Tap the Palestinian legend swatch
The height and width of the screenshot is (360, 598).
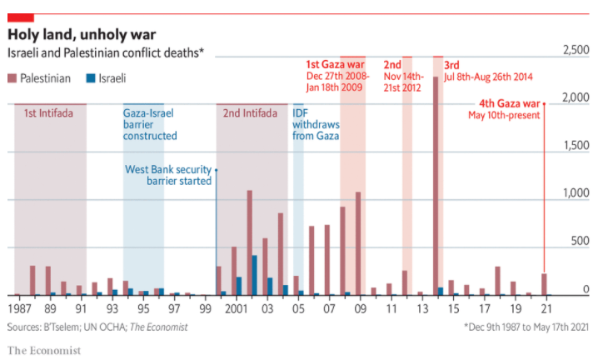(x=12, y=79)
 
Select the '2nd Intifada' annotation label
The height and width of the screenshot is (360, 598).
(x=247, y=113)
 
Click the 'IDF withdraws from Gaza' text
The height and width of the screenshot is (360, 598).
(x=315, y=124)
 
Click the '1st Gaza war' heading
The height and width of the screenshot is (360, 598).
(x=334, y=64)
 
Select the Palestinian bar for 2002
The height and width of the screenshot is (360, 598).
(x=249, y=242)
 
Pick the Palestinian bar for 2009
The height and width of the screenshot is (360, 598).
(x=358, y=243)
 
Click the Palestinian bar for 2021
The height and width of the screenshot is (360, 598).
(x=543, y=284)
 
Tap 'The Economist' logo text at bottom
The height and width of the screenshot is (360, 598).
(x=45, y=349)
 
